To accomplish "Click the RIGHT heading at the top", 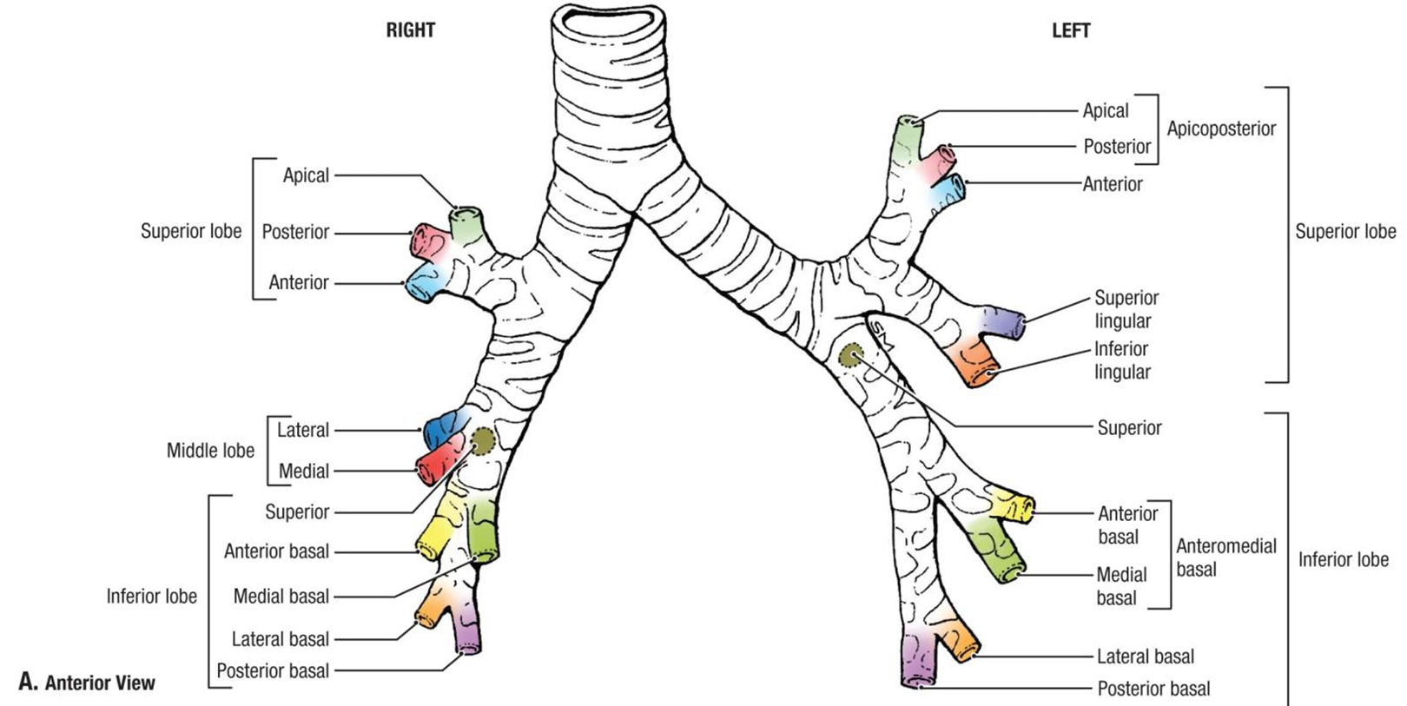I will (410, 30).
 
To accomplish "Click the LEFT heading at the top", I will (1070, 30).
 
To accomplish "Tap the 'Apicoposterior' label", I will (1220, 129).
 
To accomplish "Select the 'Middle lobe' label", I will (210, 451).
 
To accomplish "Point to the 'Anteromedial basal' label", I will (1225, 558).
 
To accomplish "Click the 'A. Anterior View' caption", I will (87, 683).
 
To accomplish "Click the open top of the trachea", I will (608, 19).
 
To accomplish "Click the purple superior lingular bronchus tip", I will (1014, 323).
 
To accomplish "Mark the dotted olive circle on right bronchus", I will (483, 441).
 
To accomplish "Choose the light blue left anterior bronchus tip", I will (955, 186).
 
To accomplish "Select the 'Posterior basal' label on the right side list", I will (273, 671).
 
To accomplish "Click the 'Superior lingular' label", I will (1126, 309).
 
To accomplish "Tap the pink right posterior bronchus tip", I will (422, 237).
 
